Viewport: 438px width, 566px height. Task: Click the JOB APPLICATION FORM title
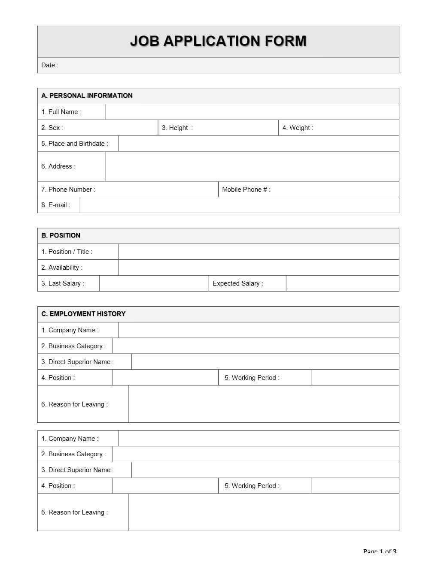[218, 41]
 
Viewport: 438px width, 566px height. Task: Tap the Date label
[49, 65]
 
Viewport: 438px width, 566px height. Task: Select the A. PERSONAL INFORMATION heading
[87, 96]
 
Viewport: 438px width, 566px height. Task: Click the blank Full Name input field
[252, 112]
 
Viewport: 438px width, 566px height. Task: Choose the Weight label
[298, 128]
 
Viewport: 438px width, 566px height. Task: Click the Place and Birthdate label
[75, 144]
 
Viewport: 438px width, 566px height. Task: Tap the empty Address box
[252, 166]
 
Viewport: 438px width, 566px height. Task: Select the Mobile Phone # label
[246, 190]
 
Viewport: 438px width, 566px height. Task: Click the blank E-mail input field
[239, 205]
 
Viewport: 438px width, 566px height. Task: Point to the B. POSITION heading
[61, 235]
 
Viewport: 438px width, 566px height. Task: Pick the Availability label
[62, 268]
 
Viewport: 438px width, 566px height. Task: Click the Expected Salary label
[237, 283]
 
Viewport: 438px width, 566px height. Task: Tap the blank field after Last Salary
[154, 283]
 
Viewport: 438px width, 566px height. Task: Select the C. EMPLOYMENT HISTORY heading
[83, 314]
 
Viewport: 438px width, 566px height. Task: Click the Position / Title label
[67, 252]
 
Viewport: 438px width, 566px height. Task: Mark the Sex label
[52, 128]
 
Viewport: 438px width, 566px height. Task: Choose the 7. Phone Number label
[68, 190]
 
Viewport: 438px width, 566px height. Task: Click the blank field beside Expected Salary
[342, 283]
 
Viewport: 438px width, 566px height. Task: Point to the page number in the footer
[380, 551]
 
